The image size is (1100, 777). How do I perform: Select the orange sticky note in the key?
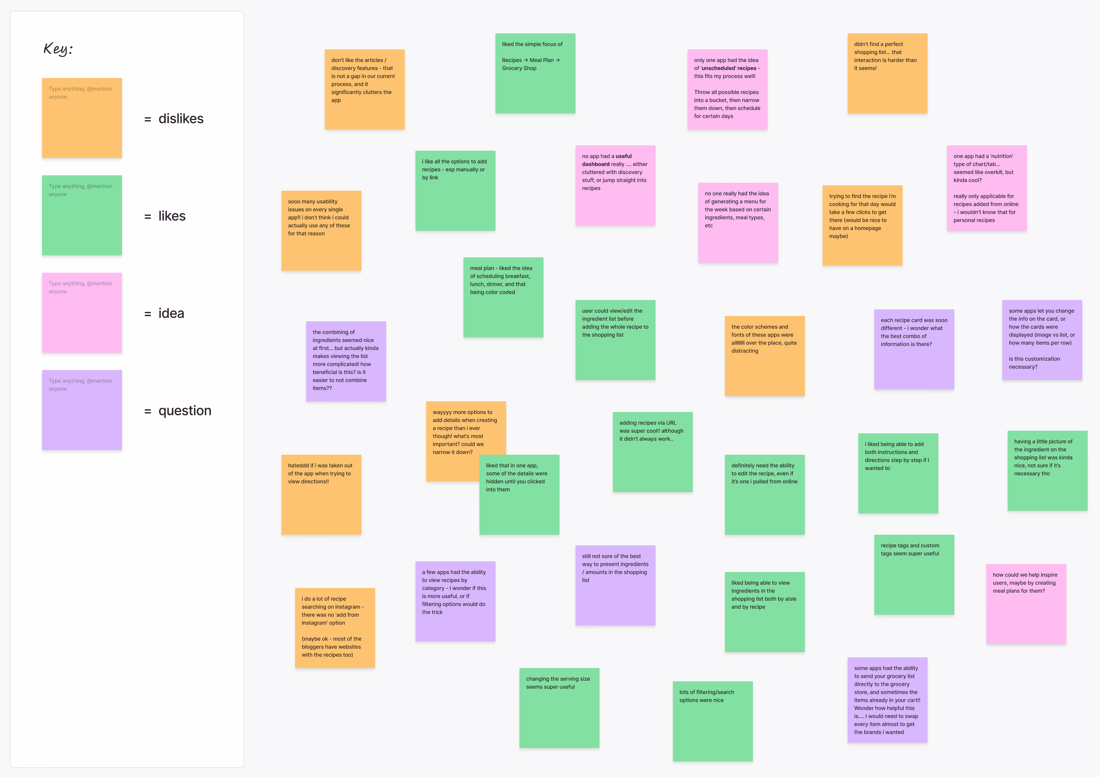click(82, 118)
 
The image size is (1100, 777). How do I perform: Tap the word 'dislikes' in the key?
click(181, 119)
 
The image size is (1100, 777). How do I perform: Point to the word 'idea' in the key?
click(171, 313)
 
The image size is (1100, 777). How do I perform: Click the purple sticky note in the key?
click(82, 410)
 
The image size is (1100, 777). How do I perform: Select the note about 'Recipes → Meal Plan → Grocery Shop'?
click(535, 73)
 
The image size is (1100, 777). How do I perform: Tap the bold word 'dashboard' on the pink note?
click(596, 164)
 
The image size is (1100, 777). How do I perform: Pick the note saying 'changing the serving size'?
click(559, 708)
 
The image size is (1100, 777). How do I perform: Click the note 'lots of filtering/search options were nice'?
click(713, 721)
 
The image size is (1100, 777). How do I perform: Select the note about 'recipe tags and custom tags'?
click(914, 574)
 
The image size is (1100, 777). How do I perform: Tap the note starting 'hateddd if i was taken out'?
click(321, 494)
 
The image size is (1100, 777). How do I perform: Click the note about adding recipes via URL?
click(653, 452)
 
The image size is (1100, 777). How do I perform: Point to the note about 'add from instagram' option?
click(335, 628)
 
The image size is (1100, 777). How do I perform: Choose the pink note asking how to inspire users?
click(1026, 604)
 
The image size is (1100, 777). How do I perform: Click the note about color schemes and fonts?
click(765, 356)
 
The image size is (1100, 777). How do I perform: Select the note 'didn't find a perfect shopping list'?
click(887, 73)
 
